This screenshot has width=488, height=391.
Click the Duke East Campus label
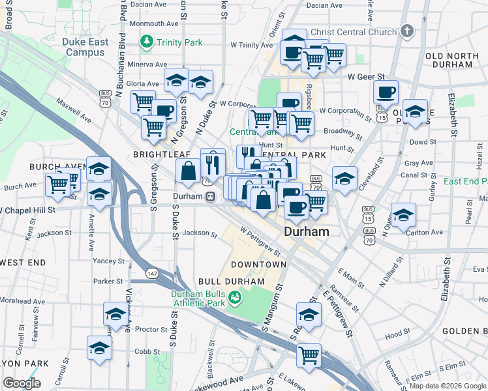pyautogui.click(x=85, y=46)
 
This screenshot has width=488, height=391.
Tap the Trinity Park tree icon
pyautogui.click(x=147, y=42)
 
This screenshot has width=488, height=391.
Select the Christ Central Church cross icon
pyautogui.click(x=407, y=31)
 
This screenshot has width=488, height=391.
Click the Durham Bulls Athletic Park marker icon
pyautogui.click(x=235, y=298)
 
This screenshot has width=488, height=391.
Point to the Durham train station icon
pyautogui.click(x=211, y=196)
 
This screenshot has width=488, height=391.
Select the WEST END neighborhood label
pyautogui.click(x=23, y=262)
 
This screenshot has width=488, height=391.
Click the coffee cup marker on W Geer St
pyautogui.click(x=386, y=92)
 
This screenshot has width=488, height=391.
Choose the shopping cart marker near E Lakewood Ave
pyautogui.click(x=309, y=356)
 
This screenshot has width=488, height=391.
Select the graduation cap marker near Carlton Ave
pyautogui.click(x=403, y=214)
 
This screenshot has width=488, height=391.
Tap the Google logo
pyautogui.click(x=22, y=383)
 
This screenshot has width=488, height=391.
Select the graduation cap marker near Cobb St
pyautogui.click(x=100, y=349)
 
